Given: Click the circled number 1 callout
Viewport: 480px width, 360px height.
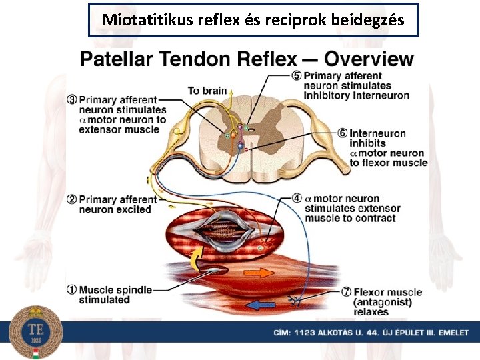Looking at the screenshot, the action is [x=72, y=290].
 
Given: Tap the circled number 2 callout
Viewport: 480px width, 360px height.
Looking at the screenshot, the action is [x=72, y=199].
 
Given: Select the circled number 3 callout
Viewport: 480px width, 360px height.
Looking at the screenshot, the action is [x=72, y=100].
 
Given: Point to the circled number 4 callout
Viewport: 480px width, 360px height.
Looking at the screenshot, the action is [x=297, y=199].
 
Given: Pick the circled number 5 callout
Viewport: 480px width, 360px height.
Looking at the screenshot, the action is [x=297, y=75].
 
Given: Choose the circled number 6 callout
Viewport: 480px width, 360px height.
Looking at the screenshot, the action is [x=342, y=133].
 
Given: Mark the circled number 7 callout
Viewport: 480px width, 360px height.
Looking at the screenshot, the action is [x=346, y=292].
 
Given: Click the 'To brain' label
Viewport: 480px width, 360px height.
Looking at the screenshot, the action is [x=207, y=91].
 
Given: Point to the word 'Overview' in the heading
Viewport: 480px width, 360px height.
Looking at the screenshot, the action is [x=369, y=59].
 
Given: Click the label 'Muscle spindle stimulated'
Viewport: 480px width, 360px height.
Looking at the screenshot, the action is [x=115, y=295].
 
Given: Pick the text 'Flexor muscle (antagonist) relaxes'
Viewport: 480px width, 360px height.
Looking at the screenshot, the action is [x=387, y=302].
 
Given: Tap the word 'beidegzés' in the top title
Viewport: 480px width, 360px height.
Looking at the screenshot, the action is [x=370, y=20].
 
